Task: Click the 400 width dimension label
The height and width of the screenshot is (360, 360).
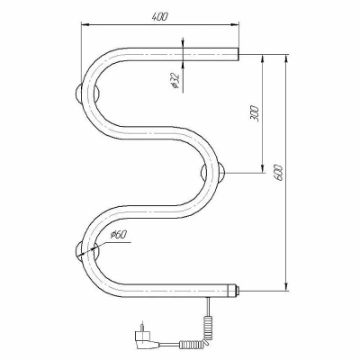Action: pyautogui.click(x=159, y=17)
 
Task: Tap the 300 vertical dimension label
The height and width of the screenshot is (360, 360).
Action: pyautogui.click(x=254, y=113)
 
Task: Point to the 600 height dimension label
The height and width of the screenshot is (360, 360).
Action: pyautogui.click(x=278, y=172)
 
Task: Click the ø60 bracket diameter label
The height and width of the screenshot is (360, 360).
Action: pyautogui.click(x=119, y=234)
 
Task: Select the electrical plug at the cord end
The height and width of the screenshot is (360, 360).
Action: pyautogui.click(x=147, y=340)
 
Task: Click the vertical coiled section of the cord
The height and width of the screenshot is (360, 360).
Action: pyautogui.click(x=208, y=326)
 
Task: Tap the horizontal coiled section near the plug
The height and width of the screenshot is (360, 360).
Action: pyautogui.click(x=193, y=344)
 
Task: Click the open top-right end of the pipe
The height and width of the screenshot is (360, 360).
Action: pyautogui.click(x=238, y=54)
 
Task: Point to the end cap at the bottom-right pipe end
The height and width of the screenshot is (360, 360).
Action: pyautogui.click(x=233, y=290)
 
